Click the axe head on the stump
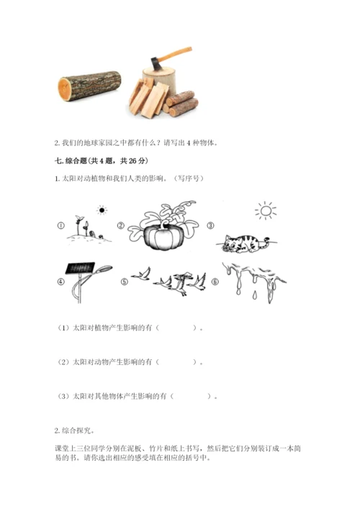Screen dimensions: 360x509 pos(156,62)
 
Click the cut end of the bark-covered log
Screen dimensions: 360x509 pos(65,89)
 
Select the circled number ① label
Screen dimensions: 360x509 pos(60,225)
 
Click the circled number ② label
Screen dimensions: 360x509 pos(121,225)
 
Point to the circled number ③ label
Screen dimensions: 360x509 pos(211,225)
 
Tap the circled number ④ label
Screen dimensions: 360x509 pos(60,281)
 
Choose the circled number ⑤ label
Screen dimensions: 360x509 pos(125,281)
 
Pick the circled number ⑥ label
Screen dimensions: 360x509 pos(215,281)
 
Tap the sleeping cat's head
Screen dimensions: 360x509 pos(231,245)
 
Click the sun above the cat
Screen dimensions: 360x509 pos(266,211)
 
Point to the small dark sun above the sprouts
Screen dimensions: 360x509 pos(102,210)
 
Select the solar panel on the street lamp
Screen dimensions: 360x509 pos(80,269)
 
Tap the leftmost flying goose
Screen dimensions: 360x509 pos(142,274)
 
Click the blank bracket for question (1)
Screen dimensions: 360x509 pos(176,328)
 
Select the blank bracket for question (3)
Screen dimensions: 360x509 pos(191,396)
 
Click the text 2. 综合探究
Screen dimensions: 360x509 pos(74,431)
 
